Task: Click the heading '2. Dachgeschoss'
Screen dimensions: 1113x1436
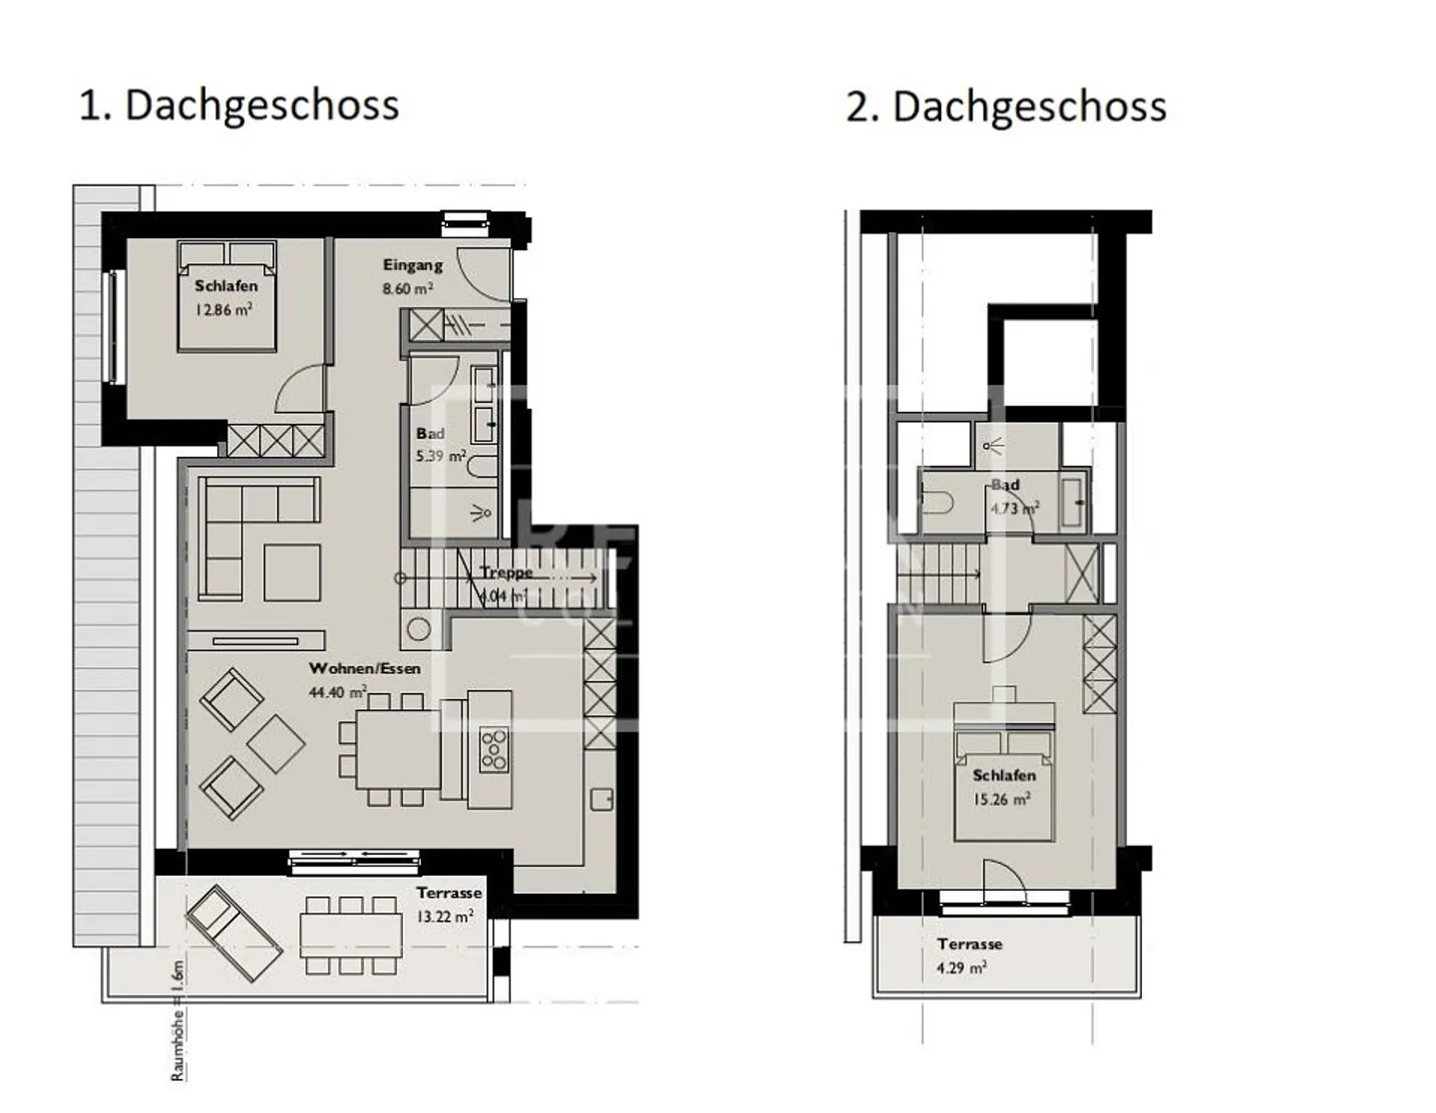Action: tap(1005, 107)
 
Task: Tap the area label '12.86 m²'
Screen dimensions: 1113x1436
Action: tap(223, 310)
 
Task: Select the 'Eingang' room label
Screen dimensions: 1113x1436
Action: tap(413, 265)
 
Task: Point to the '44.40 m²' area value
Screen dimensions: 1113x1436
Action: tap(337, 692)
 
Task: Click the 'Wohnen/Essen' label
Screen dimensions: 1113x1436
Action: tap(364, 668)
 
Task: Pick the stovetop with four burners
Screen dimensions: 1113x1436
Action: tap(494, 750)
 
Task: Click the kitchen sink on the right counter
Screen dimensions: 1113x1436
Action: tap(601, 800)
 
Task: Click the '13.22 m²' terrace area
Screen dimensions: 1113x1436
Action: tap(445, 917)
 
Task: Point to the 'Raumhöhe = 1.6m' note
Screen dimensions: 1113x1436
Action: tap(178, 1020)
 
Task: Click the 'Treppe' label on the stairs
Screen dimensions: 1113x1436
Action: tap(506, 572)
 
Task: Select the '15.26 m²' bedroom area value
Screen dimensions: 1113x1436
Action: tap(1001, 800)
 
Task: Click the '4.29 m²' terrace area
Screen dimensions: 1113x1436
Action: tap(961, 967)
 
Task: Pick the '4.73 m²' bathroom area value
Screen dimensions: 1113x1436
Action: tap(1014, 509)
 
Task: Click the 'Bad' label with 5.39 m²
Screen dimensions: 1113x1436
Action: tap(430, 434)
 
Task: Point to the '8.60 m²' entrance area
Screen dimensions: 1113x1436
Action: tap(408, 289)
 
